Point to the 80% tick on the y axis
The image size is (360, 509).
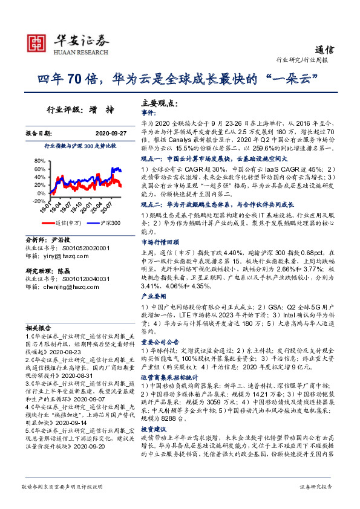pyautogui.click(x=40, y=161)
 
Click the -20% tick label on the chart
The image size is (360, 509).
pyautogui.click(x=39, y=201)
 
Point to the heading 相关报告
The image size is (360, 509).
pyautogui.click(x=38, y=325)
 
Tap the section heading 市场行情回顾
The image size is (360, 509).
pyautogui.click(x=158, y=241)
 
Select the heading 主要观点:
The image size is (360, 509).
pyautogui.click(x=159, y=103)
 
